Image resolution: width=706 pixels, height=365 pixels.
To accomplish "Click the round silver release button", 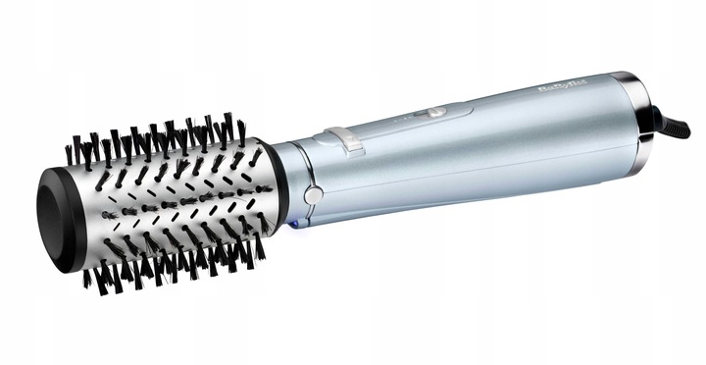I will (313, 194).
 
